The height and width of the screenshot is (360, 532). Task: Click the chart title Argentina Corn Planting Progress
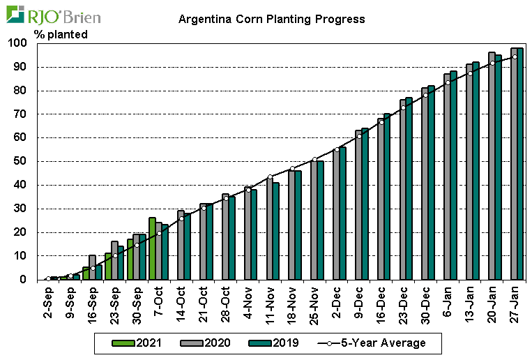click(271, 19)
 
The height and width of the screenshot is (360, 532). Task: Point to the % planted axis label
click(61, 34)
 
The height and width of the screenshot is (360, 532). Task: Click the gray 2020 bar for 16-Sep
click(92, 267)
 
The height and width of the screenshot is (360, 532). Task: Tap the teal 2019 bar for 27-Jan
click(520, 163)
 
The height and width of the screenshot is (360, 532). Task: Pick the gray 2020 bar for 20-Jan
click(492, 166)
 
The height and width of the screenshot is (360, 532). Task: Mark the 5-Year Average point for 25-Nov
click(314, 160)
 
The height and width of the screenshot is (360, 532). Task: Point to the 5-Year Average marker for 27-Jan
click(515, 57)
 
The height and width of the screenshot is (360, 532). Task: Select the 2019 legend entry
click(282, 343)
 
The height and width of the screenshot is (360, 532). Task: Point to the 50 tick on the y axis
click(20, 161)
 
